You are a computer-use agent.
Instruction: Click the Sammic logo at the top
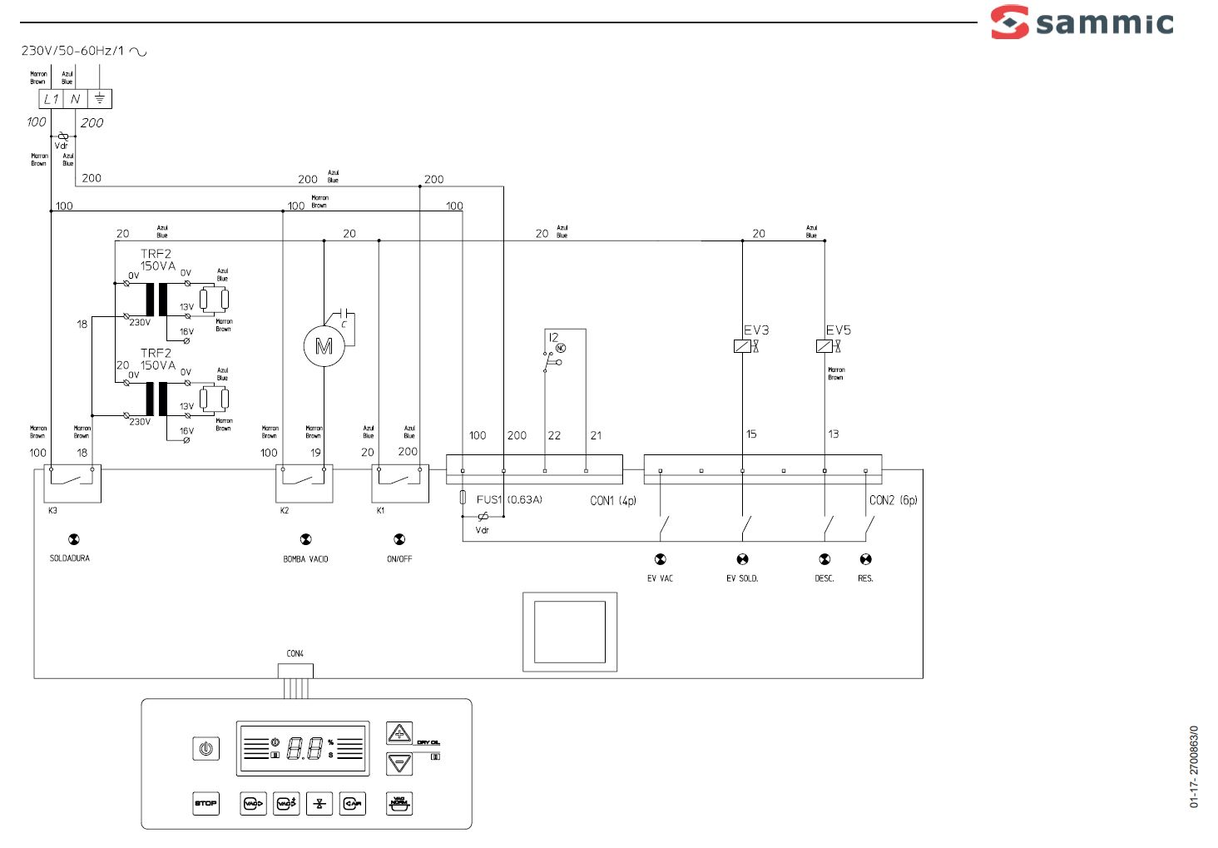coord(1082,22)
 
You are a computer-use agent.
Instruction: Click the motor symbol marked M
coord(323,346)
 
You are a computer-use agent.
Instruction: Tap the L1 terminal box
coord(52,99)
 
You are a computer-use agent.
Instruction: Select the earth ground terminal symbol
coord(99,99)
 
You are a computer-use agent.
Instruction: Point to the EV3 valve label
coord(755,330)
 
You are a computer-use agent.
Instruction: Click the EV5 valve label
coord(838,330)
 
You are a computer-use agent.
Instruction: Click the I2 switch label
coord(553,337)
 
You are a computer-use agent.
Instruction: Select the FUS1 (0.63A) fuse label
coord(508,499)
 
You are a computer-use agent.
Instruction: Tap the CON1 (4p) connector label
coord(612,500)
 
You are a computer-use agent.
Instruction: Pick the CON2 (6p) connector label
coord(893,500)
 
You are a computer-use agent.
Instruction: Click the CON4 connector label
coord(295,654)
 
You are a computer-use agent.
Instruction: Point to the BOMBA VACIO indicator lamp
coord(305,540)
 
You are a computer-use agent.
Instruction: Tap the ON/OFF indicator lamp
coord(399,540)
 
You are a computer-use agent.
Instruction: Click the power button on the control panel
coord(205,749)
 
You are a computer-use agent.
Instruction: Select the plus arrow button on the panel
coord(399,733)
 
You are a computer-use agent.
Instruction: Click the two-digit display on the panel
coord(304,749)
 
